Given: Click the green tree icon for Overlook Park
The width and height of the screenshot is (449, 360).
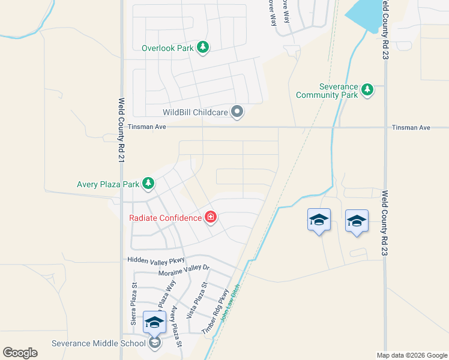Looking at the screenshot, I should pyautogui.click(x=203, y=47).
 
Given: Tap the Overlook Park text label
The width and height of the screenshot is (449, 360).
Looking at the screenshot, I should pyautogui.click(x=167, y=48).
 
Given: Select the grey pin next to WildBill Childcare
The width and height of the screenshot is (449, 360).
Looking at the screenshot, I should pyautogui.click(x=238, y=112).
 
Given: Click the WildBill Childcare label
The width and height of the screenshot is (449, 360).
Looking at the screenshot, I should pyautogui.click(x=196, y=112).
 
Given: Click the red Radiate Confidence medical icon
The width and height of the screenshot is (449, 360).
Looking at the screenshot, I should pyautogui.click(x=211, y=217).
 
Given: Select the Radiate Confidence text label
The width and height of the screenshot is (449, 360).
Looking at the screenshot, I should pyautogui.click(x=165, y=218).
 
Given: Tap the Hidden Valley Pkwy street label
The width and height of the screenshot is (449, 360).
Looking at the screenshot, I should pyautogui.click(x=155, y=260).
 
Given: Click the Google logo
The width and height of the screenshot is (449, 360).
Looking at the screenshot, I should pyautogui.click(x=20, y=353).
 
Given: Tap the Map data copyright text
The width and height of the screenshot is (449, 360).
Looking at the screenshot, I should pyautogui.click(x=412, y=355).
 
